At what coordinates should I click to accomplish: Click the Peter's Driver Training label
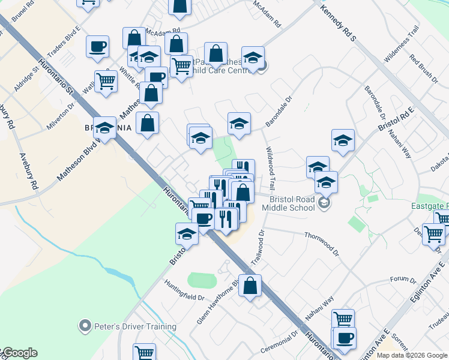tap(136, 327)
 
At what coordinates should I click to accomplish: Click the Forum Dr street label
tap(403, 280)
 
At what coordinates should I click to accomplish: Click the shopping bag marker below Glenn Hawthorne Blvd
tap(250, 286)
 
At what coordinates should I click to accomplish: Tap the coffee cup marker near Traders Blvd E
tap(97, 47)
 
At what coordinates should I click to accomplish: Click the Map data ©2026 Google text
tap(411, 355)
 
